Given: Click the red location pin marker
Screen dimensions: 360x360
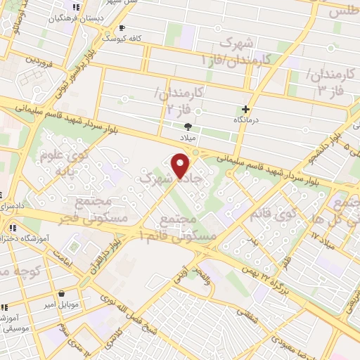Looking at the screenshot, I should coord(181,166).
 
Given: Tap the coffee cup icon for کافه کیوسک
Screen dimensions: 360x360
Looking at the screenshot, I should coord(122,28).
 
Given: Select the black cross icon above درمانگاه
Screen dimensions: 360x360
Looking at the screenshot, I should coord(245,109).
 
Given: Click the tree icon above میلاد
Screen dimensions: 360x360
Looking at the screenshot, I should coord(188,127).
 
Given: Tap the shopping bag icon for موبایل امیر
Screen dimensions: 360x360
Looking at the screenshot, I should coord(63,294).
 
